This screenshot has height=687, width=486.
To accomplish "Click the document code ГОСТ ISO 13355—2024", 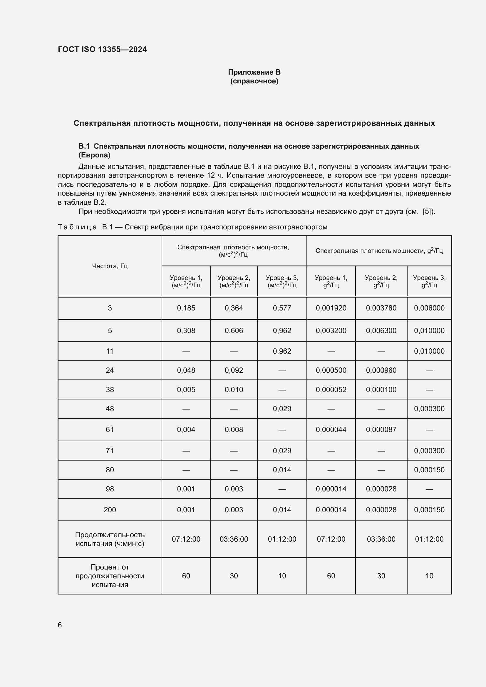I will (x=102, y=49).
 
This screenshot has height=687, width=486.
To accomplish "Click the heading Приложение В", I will (x=254, y=72).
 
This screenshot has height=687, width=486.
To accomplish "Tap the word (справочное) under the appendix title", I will (x=254, y=81).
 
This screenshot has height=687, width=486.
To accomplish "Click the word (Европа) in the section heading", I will (x=94, y=155).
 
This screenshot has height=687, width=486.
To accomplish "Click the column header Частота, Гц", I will (x=110, y=266).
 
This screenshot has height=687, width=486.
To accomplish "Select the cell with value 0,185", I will (x=186, y=308).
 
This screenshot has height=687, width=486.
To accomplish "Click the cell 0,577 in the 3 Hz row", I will (x=281, y=308).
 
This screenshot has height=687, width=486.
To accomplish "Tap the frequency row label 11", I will (x=110, y=351).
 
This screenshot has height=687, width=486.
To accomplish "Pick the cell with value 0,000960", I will (x=381, y=370).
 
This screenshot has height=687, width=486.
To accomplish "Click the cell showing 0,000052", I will (x=331, y=389).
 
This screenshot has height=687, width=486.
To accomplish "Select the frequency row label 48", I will (x=110, y=409).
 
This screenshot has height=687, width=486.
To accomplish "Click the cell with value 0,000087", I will (x=381, y=430).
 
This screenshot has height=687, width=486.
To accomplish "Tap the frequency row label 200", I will (x=110, y=510).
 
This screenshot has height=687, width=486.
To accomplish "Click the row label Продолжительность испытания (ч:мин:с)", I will (x=110, y=539).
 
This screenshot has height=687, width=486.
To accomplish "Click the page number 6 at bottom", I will (x=60, y=625).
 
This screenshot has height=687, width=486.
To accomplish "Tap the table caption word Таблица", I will (x=77, y=227).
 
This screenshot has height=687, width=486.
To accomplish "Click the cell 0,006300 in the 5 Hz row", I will (x=381, y=331).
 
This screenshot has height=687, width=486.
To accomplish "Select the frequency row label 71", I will (x=110, y=451).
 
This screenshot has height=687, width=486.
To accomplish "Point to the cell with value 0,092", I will (x=234, y=370).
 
